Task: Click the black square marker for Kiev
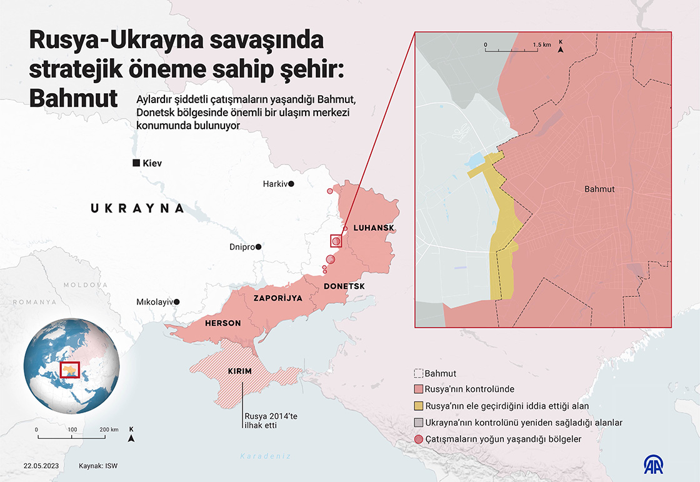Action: [x=136, y=163]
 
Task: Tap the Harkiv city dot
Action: [x=291, y=184]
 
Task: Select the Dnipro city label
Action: [x=242, y=247]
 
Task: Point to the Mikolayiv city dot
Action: [x=177, y=301]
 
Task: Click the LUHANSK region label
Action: [x=374, y=228]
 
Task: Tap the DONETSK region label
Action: [x=344, y=286]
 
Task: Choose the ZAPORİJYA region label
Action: [x=277, y=298]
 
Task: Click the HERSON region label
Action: [x=223, y=323]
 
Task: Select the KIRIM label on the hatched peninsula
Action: [x=239, y=371]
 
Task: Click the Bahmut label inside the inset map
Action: [x=599, y=189]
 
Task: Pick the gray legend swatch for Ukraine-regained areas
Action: [x=419, y=423]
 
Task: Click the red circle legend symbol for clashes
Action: [x=419, y=439]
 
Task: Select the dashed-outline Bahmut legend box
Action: [x=419, y=374]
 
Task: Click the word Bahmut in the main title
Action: [x=74, y=98]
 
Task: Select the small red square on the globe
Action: [x=70, y=371]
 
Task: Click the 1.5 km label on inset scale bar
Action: [x=542, y=45]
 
